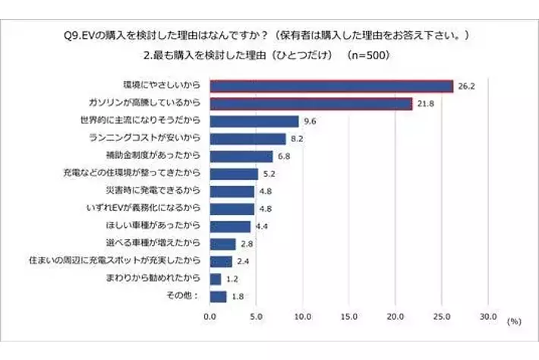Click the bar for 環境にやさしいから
[331, 86]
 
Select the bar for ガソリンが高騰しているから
[310, 103]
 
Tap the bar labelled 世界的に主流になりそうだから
[254, 121]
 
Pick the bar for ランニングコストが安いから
[247, 138]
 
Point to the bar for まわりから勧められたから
[216, 279]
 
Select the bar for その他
[219, 296]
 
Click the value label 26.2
[465, 86]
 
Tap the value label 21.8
[424, 103]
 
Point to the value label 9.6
[309, 121]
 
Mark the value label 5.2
[269, 174]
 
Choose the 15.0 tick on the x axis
[349, 316]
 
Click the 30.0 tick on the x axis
[488, 316]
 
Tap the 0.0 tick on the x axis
[210, 316]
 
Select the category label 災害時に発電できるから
[157, 191]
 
